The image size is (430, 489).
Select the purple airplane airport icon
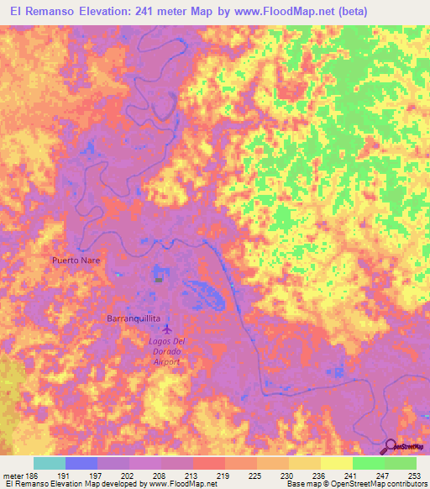[166, 329]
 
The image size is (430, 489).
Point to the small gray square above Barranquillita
[158, 280]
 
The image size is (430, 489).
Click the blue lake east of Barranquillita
[207, 293]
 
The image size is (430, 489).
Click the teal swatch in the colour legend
[49, 463]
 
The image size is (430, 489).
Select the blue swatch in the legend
[81, 463]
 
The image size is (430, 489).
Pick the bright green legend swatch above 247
[368, 463]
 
